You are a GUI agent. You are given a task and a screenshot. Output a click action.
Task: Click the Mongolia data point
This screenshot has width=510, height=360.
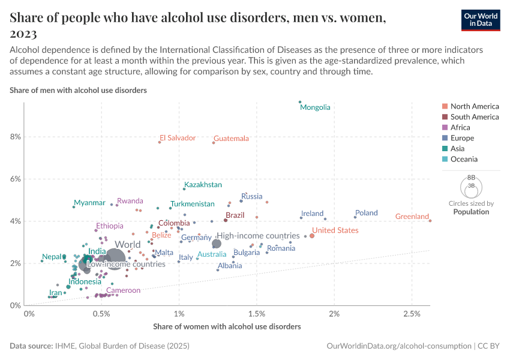click(x=300, y=102)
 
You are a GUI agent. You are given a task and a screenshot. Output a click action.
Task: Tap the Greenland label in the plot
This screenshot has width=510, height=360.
click(x=412, y=217)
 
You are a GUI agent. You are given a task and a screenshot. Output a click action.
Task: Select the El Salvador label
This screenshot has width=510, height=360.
click(x=178, y=138)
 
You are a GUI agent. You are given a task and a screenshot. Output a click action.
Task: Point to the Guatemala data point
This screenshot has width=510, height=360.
click(x=214, y=143)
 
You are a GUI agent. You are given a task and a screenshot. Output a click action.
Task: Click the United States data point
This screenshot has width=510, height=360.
click(x=312, y=236)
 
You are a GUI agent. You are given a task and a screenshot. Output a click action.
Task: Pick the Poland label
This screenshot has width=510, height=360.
click(x=366, y=213)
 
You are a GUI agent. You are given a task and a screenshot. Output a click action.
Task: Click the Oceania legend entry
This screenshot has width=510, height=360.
click(x=466, y=160)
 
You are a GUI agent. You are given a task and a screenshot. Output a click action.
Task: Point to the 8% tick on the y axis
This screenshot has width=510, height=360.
click(x=16, y=137)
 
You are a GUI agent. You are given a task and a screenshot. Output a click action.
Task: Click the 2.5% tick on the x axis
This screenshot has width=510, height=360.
click(x=412, y=314)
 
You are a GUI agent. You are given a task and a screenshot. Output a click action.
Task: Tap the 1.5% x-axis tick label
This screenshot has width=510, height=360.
click(x=256, y=314)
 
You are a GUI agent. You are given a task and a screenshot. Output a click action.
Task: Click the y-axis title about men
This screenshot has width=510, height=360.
click(x=79, y=91)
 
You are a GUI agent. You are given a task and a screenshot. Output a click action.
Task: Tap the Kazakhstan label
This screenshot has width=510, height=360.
click(x=203, y=185)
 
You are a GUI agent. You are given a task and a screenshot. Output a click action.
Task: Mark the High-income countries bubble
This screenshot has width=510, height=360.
click(x=217, y=243)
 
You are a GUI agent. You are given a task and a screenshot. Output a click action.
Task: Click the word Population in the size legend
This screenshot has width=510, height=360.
click(x=471, y=212)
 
